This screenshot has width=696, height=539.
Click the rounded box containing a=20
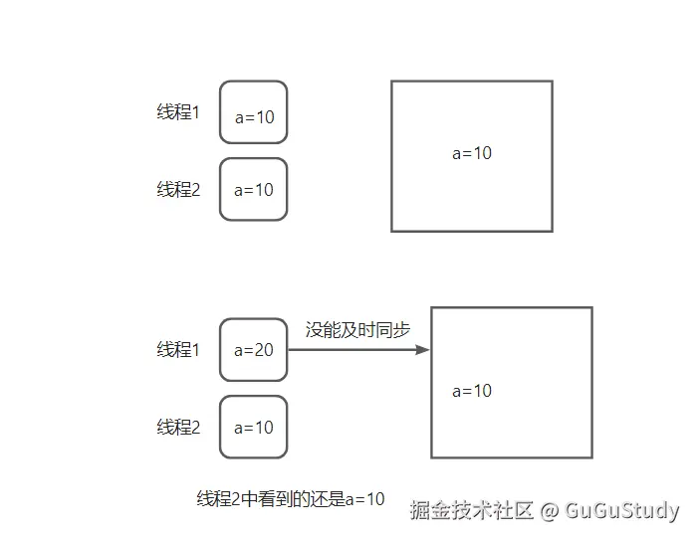click(x=253, y=350)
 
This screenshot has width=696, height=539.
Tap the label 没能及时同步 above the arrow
click(x=357, y=330)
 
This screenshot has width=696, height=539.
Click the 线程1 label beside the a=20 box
click(x=178, y=350)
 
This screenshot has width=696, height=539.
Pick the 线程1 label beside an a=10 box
click(x=178, y=112)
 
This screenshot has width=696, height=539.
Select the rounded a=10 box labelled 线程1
click(x=253, y=113)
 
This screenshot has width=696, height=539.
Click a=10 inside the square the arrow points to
click(x=472, y=391)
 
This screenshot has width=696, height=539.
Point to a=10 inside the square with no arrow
click(x=472, y=153)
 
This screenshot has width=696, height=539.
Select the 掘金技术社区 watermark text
click(x=472, y=511)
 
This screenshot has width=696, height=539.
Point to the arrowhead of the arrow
click(x=423, y=350)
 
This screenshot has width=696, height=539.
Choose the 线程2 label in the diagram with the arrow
click(x=178, y=428)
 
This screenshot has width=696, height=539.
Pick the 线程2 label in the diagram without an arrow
click(x=178, y=190)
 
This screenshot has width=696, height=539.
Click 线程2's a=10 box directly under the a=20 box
click(x=253, y=428)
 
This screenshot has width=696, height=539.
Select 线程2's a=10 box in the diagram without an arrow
click(x=253, y=190)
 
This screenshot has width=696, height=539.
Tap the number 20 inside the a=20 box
click(x=263, y=350)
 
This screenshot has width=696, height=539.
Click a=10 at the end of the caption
click(x=364, y=499)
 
